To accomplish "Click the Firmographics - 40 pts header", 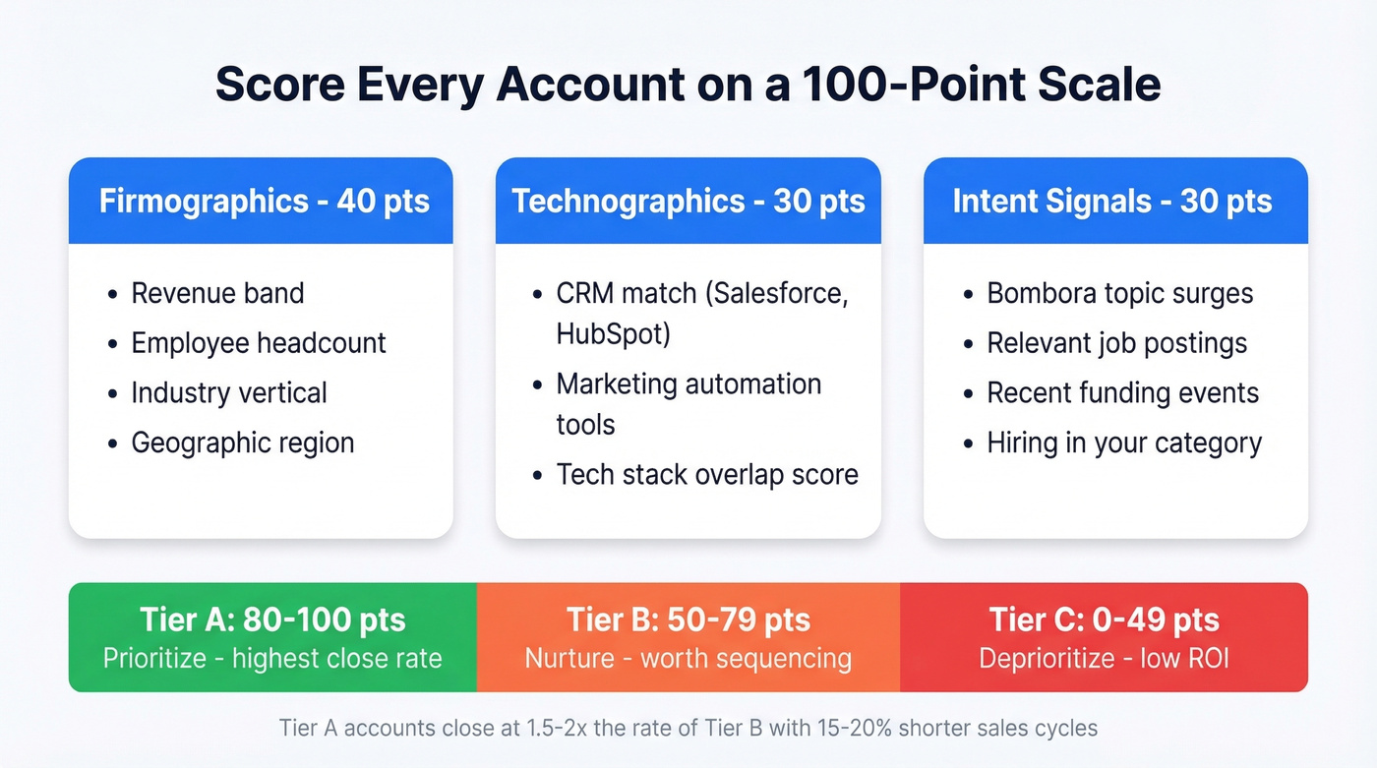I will (x=264, y=202).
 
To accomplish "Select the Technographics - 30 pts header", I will (x=688, y=202).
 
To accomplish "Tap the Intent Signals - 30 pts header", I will (x=1111, y=202).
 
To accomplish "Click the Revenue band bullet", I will (x=217, y=293).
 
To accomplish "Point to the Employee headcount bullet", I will (x=259, y=342).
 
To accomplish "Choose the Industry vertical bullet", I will (x=229, y=392).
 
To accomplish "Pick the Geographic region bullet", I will (x=243, y=443).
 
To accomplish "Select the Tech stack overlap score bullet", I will (x=707, y=474).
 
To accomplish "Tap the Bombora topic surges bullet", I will (x=1120, y=293).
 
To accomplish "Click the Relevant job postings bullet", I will (x=1116, y=342).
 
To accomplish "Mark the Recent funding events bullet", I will (x=1122, y=392).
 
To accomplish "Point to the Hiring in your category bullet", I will (x=1124, y=443).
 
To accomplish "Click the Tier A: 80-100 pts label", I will (x=272, y=620).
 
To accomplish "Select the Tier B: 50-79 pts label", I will (x=688, y=620).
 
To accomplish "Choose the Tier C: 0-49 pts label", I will (x=1104, y=620).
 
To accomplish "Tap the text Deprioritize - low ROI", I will (x=1104, y=657).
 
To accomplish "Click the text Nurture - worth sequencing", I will (x=688, y=657).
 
